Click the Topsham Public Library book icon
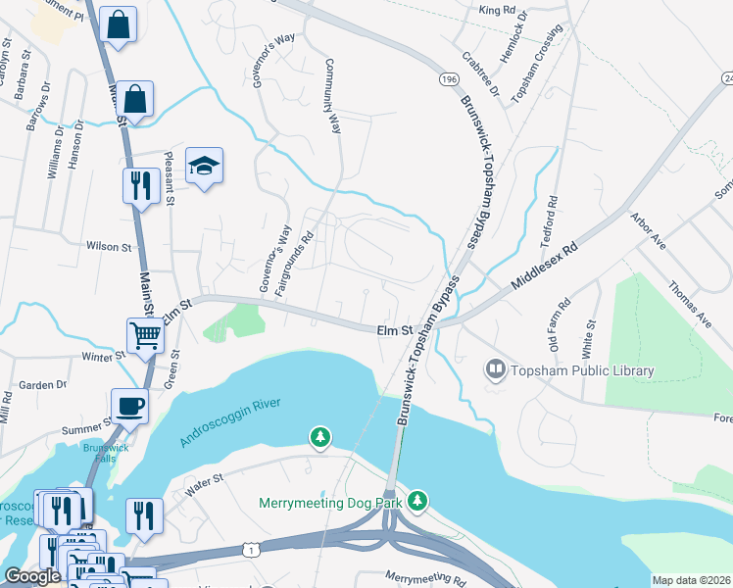coord(497,370)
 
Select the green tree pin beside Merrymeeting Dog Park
coord(418,501)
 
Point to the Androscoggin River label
coord(230,422)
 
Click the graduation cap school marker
coord(205,166)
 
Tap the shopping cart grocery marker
coord(146,335)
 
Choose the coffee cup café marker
coord(129,406)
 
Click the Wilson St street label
coord(109,248)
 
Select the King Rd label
coord(497,10)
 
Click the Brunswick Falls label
coord(99,454)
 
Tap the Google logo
coord(32,576)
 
